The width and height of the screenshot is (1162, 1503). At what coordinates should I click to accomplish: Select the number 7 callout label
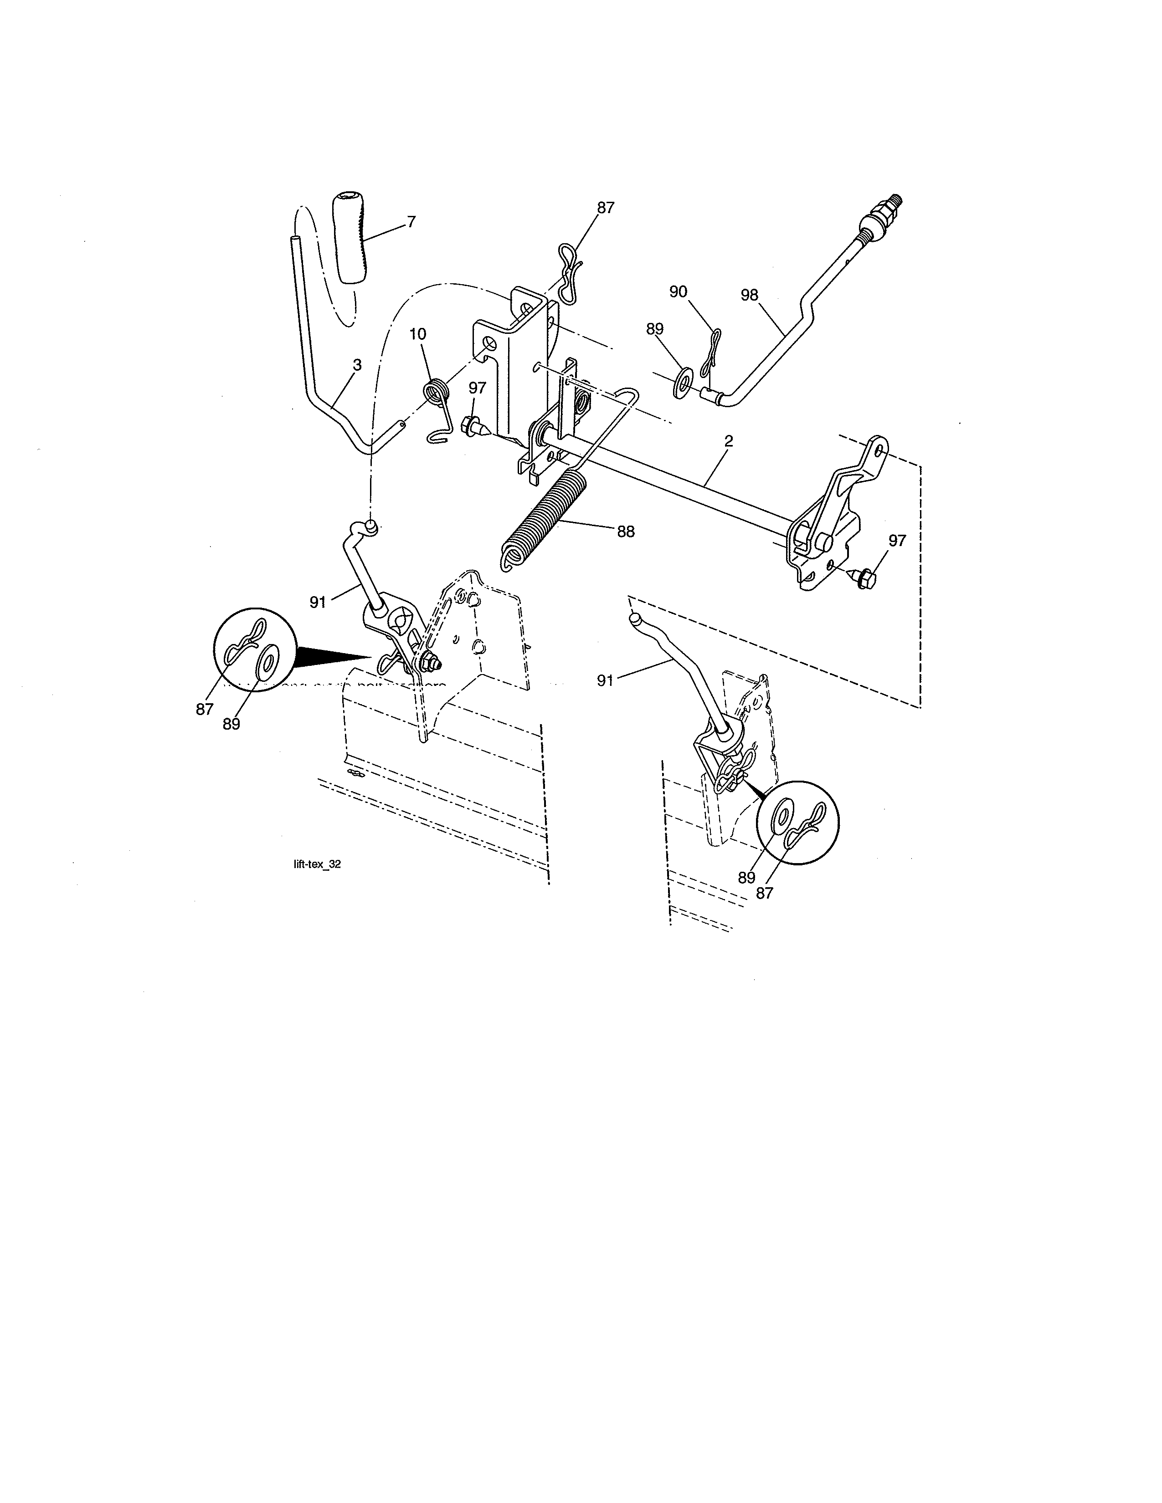(411, 222)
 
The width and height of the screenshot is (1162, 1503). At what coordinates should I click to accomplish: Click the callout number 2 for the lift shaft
(728, 441)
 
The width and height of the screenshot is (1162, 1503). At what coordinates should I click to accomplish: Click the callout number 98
(749, 295)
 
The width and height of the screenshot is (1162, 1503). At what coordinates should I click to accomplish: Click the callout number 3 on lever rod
(357, 365)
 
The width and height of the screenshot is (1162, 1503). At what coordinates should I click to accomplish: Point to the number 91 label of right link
(605, 680)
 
